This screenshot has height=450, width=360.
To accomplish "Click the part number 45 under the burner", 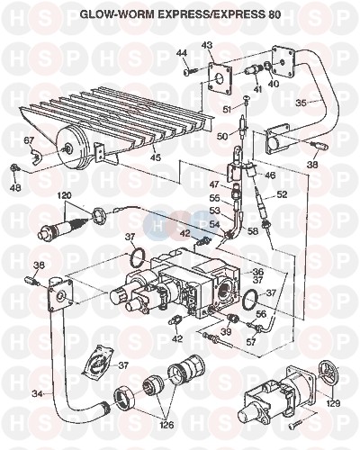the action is (156, 157).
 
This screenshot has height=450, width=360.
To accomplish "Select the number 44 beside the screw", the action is (190, 53).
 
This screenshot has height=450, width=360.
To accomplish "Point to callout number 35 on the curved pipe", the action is (301, 103).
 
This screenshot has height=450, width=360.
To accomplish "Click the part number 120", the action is (65, 195).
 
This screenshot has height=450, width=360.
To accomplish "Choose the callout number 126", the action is (166, 425).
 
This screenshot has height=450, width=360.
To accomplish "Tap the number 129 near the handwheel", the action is (333, 403).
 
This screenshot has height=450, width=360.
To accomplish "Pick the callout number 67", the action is (30, 140).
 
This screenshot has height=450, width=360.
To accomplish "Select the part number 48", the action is (15, 188).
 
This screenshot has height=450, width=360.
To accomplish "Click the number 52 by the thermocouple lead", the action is (282, 194).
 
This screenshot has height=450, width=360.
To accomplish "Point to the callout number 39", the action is (228, 331).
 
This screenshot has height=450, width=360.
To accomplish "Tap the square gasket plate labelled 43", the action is (220, 77).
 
